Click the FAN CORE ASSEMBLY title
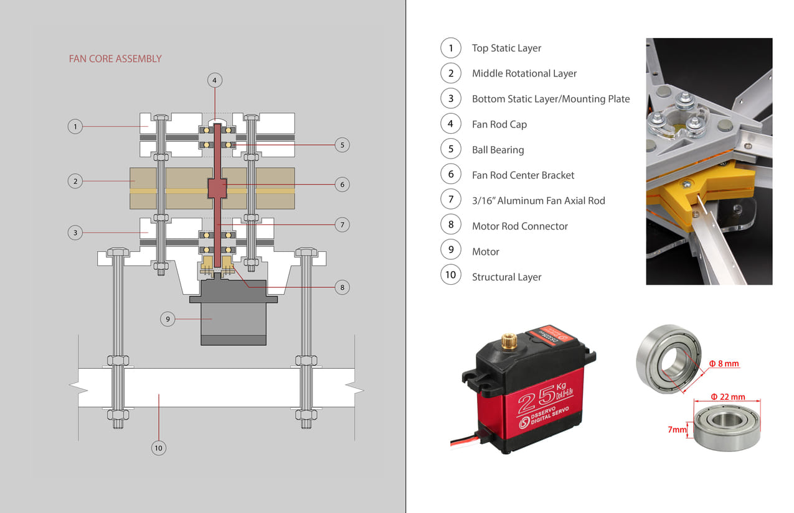coord(115,59)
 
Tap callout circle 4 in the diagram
coord(214,80)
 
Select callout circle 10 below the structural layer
coord(158,447)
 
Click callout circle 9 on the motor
coord(168,319)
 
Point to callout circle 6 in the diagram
coord(342,184)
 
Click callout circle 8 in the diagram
coord(342,287)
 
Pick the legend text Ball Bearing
coord(498,150)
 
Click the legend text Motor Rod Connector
coord(519,226)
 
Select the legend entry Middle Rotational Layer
coord(524,73)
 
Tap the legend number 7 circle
coord(450,200)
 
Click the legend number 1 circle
coord(450,48)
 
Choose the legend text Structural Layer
coord(506,277)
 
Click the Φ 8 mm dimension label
coord(724,364)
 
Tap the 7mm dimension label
coord(676,429)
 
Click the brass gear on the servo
coord(508,340)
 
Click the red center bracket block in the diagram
coord(216,188)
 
